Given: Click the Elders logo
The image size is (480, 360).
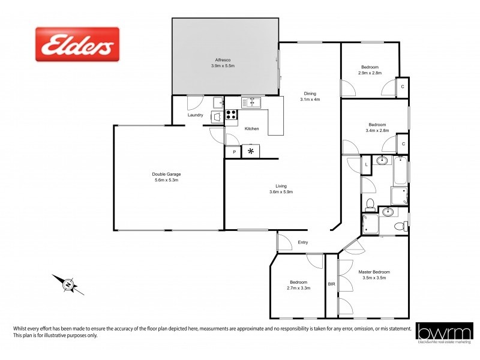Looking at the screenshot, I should [77, 44].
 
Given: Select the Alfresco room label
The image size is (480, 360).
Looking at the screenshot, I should [224, 60].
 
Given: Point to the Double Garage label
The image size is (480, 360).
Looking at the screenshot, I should [167, 174].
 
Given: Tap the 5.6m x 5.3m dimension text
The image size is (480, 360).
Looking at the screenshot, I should [167, 180].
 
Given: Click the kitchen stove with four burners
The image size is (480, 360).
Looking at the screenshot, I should [232, 116].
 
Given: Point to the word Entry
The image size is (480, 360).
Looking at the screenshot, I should [303, 242].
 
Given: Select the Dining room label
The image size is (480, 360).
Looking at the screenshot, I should [310, 93].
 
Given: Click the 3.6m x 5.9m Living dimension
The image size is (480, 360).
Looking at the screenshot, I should [281, 193].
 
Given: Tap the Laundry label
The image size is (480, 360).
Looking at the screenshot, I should [196, 115].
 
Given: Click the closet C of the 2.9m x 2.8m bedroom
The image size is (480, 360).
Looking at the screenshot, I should [403, 86].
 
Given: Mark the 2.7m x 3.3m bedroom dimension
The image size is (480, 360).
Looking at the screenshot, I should [299, 289].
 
